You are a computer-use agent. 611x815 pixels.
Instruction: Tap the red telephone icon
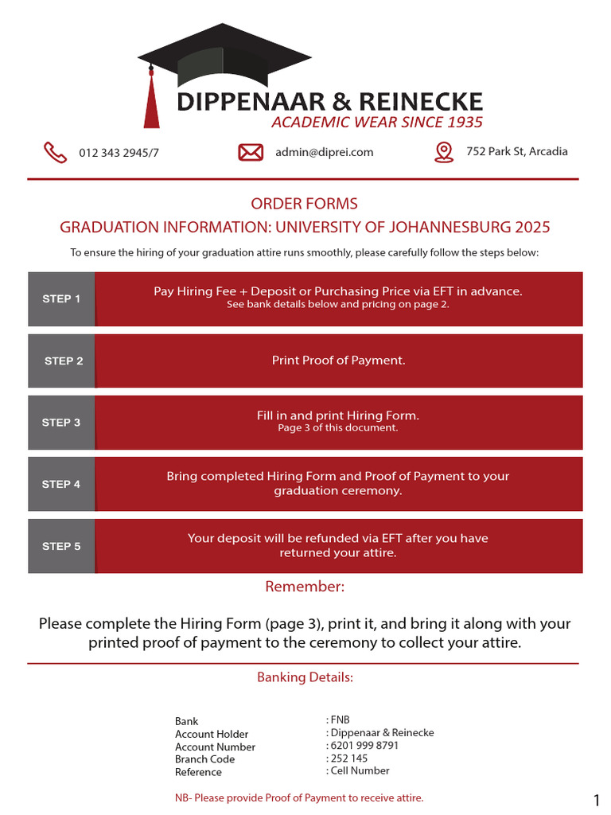tap(55, 152)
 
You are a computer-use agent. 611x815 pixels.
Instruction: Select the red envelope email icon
tap(251, 152)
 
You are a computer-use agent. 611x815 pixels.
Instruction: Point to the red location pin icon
tap(444, 152)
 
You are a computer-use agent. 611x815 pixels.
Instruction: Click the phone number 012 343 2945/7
tap(119, 153)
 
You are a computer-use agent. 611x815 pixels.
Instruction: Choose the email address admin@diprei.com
tap(324, 152)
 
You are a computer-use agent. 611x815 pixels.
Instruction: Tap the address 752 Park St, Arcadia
tap(517, 151)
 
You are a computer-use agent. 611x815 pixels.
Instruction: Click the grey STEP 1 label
tap(61, 299)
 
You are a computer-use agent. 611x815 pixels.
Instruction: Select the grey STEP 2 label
tap(64, 361)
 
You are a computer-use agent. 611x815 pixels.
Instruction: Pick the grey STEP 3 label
tap(61, 423)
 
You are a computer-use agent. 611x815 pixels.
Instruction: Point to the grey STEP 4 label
tap(61, 484)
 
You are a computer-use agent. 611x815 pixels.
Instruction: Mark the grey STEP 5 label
tap(61, 546)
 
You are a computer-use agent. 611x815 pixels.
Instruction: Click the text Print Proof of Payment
tap(339, 361)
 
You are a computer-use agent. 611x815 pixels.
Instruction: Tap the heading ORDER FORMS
tap(305, 204)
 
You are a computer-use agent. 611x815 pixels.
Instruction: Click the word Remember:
tap(305, 587)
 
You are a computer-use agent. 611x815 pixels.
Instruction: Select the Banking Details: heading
tap(305, 677)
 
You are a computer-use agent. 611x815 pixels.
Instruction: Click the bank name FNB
tap(340, 720)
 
